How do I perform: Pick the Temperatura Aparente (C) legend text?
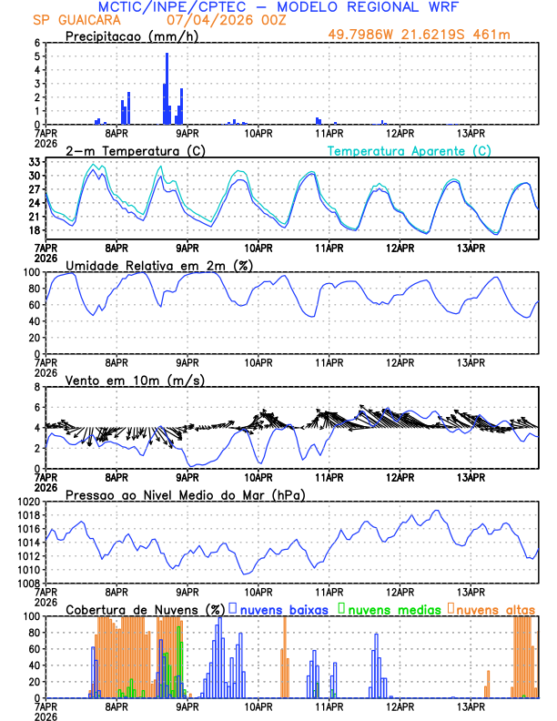[x=410, y=150]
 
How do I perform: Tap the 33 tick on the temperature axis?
[x=34, y=162]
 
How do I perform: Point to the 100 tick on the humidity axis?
[x=31, y=272]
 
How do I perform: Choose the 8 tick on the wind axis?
[x=36, y=387]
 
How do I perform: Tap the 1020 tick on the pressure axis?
[x=27, y=502]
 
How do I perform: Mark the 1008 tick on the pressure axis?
[x=27, y=584]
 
